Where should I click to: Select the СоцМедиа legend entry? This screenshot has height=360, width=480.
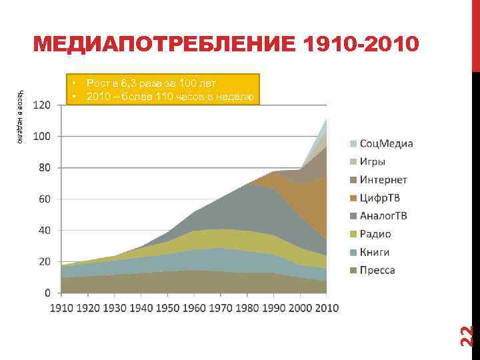[386, 143]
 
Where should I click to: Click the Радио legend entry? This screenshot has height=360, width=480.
[375, 234]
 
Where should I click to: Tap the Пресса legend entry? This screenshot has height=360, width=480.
[377, 270]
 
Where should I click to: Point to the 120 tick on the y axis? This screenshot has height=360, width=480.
[41, 105]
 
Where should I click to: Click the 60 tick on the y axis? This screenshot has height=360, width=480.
[44, 199]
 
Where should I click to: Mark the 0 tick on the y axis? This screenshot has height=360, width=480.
[47, 293]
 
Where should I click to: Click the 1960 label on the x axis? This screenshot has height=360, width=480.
[193, 308]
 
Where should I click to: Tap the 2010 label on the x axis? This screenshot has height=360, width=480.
[326, 308]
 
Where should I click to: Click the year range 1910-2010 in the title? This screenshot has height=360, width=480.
[361, 44]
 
